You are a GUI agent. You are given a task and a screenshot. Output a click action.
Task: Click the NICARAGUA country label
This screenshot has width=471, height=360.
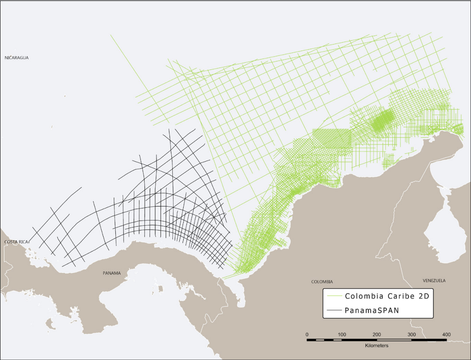pos(16,57)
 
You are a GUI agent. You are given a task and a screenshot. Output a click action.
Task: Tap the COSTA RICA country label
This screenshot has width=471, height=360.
pos(16,242)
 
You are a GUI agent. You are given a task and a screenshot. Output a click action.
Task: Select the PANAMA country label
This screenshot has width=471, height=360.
pos(111,273)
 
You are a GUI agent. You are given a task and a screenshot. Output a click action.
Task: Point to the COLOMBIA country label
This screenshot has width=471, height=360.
pos(322,281)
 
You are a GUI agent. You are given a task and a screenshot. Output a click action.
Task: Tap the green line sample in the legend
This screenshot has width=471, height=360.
pos(334,296)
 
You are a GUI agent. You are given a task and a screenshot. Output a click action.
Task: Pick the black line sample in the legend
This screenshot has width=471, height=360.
pos(334,310)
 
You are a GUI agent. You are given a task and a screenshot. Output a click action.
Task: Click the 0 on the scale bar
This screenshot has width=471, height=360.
pos(307,335)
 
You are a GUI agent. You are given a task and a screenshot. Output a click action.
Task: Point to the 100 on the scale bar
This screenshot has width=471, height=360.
pos(342,335)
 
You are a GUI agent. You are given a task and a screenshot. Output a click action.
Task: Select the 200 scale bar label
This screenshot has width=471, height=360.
pos(377,335)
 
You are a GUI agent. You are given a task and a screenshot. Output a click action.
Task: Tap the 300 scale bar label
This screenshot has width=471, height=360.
pos(412,335)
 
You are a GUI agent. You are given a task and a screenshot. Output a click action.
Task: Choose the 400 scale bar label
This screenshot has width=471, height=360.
pos(446,335)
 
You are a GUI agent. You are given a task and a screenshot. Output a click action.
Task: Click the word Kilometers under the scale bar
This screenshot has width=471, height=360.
pos(376,346)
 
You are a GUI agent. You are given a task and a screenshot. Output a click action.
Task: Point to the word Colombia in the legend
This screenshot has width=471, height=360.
pos(363,296)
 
